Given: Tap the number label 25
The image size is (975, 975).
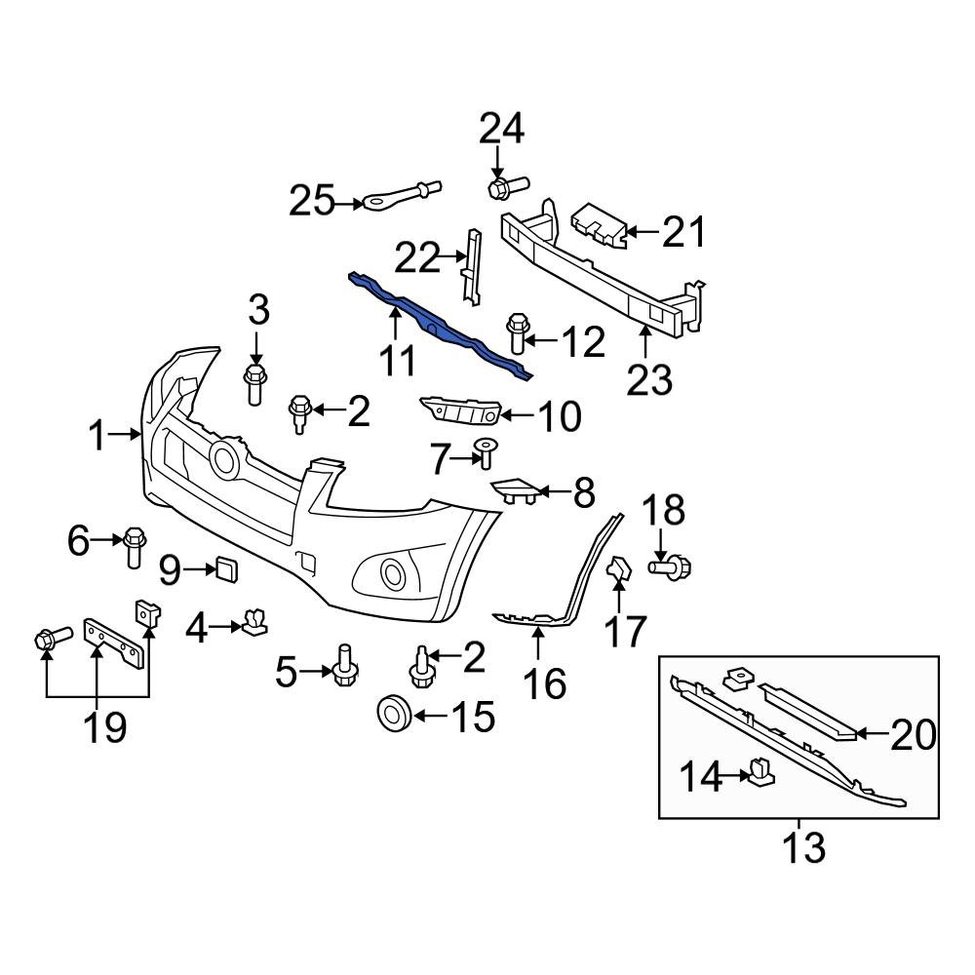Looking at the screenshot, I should click(x=311, y=202).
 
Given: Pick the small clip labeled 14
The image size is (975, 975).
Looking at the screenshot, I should click(x=760, y=773).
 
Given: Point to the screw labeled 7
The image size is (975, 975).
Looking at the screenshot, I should click(x=484, y=452).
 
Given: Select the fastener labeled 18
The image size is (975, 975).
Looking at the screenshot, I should click(x=671, y=565).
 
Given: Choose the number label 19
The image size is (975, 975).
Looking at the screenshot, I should click(x=103, y=726).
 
